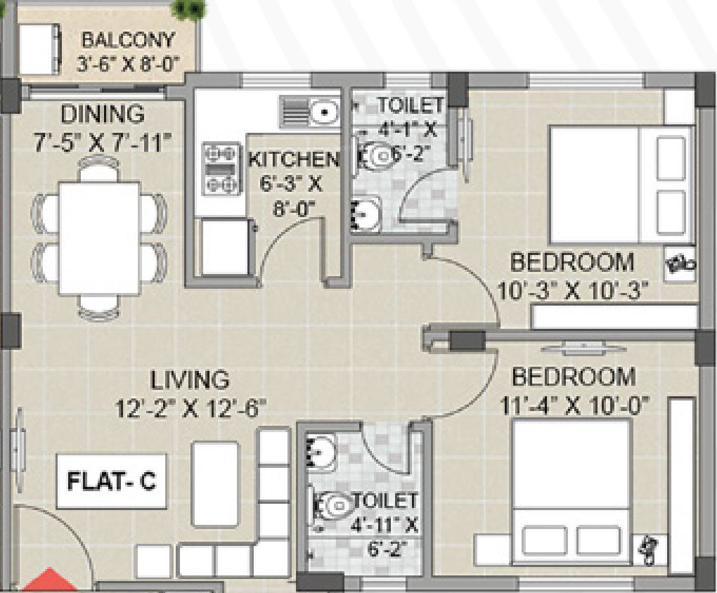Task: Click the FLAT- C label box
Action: (x=112, y=481)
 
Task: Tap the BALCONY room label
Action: (x=128, y=40)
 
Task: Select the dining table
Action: (x=100, y=239)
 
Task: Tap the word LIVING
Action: (x=190, y=381)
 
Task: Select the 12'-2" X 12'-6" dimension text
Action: (x=190, y=408)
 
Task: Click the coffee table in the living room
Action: (x=215, y=484)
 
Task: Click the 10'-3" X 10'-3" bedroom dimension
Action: (x=572, y=291)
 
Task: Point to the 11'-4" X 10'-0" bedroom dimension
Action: (x=575, y=405)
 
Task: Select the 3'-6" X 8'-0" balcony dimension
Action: (x=127, y=64)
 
